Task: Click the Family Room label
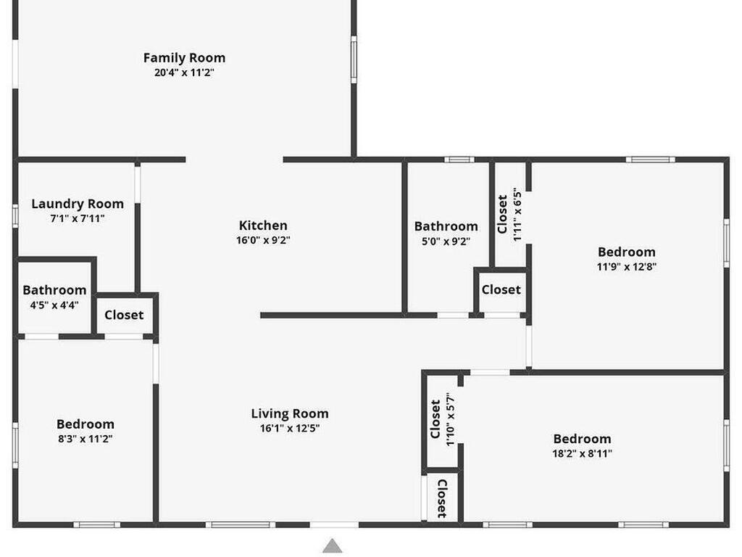pos(184,58)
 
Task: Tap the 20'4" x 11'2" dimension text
pos(184,73)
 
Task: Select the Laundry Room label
pos(78,204)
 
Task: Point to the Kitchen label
pos(262,226)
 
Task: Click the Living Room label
pos(290,414)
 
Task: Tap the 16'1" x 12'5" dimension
pos(290,429)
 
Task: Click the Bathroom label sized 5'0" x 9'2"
pos(446,226)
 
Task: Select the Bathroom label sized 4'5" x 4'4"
pos(54,290)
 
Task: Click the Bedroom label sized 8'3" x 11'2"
pos(86,424)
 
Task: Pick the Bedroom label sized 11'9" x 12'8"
pos(627,252)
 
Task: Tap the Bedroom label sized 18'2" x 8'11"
pos(582,439)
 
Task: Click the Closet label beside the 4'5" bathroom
pos(124,315)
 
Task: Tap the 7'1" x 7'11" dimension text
pos(78,218)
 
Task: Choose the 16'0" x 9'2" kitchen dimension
pos(263,240)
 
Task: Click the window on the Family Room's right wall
pos(354,59)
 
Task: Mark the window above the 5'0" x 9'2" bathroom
pos(459,160)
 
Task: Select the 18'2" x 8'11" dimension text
pos(582,453)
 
